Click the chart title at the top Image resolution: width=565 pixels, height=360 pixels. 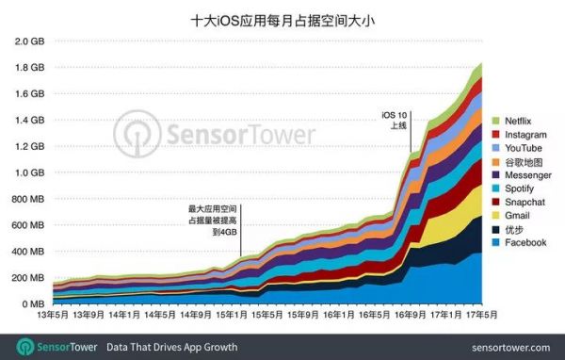coord(282,18)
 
